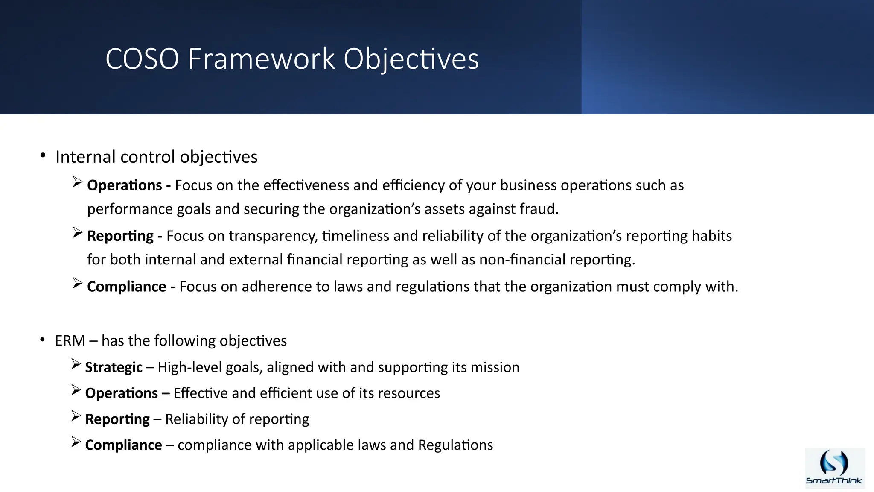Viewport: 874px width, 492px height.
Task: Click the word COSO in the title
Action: tap(142, 59)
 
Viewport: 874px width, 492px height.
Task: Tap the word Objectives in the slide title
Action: tap(411, 59)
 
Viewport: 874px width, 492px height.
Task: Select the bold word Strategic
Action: tap(114, 368)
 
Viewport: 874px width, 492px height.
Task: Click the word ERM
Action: tap(70, 341)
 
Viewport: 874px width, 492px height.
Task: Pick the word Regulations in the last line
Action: tap(455, 445)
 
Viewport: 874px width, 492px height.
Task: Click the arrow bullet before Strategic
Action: tap(76, 364)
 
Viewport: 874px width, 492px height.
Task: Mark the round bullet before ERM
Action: tap(42, 340)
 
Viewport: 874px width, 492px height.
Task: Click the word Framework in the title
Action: tap(261, 59)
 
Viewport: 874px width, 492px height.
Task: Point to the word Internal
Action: tap(86, 157)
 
